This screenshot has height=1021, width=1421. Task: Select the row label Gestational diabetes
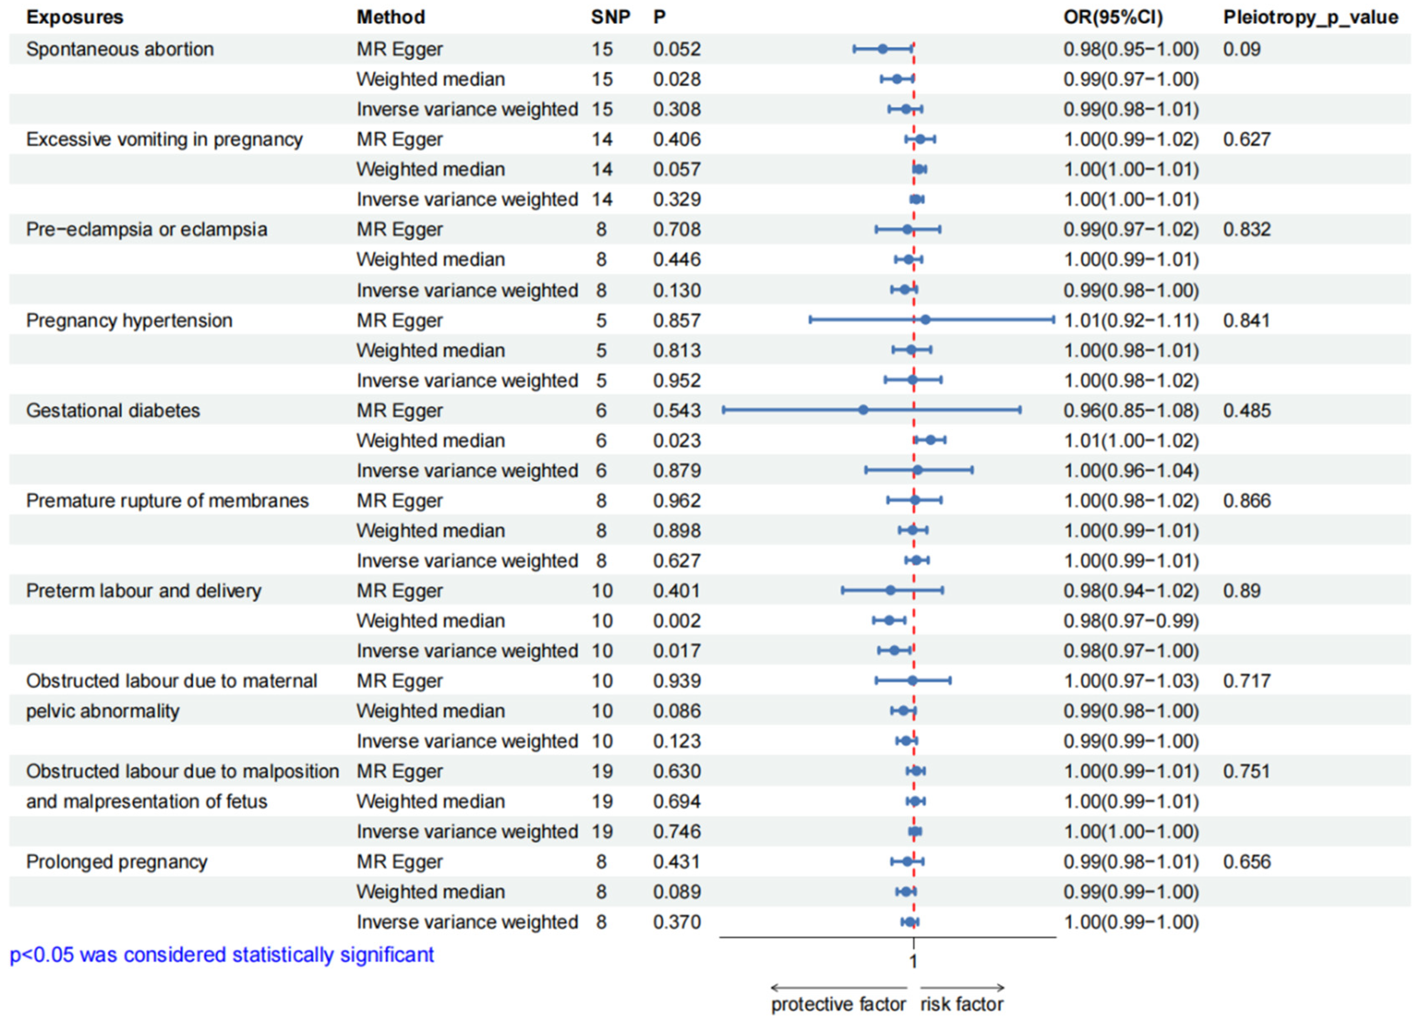113,410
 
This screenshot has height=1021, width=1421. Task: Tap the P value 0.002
677,621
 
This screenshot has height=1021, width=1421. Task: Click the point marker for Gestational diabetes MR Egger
863,410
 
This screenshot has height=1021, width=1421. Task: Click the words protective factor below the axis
838,1004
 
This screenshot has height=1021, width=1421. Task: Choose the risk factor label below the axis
962,1004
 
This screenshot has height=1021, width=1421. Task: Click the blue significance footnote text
222,954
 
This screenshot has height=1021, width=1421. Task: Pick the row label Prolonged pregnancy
116,862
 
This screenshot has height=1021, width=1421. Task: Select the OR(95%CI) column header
1113,17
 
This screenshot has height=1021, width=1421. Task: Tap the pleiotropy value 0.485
1247,410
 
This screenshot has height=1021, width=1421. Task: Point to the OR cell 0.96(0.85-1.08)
1131,410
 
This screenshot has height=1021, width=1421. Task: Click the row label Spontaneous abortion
120,49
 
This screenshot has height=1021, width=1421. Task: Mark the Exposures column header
74,17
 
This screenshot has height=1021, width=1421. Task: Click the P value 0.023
677,440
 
